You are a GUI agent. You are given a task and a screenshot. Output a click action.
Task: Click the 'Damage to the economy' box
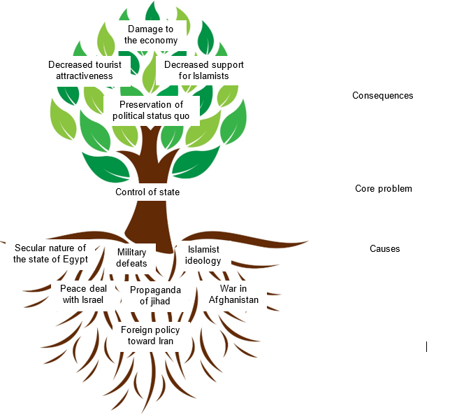pyautogui.click(x=151, y=34)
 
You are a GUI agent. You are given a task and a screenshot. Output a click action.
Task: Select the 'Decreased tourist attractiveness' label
pyautogui.click(x=85, y=70)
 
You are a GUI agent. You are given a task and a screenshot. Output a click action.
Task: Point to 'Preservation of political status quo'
pyautogui.click(x=151, y=110)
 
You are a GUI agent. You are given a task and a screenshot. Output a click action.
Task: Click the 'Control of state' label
pyautogui.click(x=147, y=192)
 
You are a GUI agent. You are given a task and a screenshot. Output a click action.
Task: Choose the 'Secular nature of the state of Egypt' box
pyautogui.click(x=50, y=253)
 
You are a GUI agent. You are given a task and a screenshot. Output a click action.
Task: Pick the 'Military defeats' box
pyautogui.click(x=131, y=257)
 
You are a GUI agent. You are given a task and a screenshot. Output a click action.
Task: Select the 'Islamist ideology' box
pyautogui.click(x=203, y=255)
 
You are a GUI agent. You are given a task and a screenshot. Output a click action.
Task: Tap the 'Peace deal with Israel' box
pyautogui.click(x=82, y=294)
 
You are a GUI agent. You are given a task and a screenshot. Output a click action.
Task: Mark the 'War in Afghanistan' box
pyautogui.click(x=233, y=294)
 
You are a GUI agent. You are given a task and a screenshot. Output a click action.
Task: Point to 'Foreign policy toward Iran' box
pyautogui.click(x=150, y=335)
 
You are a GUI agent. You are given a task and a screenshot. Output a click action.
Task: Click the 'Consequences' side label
pyautogui.click(x=382, y=95)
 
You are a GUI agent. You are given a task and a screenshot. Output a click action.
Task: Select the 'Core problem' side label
pyautogui.click(x=383, y=188)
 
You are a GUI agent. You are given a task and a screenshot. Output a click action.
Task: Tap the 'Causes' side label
pyautogui.click(x=384, y=248)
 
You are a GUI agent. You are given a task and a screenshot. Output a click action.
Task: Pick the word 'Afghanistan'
pyautogui.click(x=233, y=299)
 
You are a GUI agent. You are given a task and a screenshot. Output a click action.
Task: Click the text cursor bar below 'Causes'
pyautogui.click(x=426, y=346)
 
